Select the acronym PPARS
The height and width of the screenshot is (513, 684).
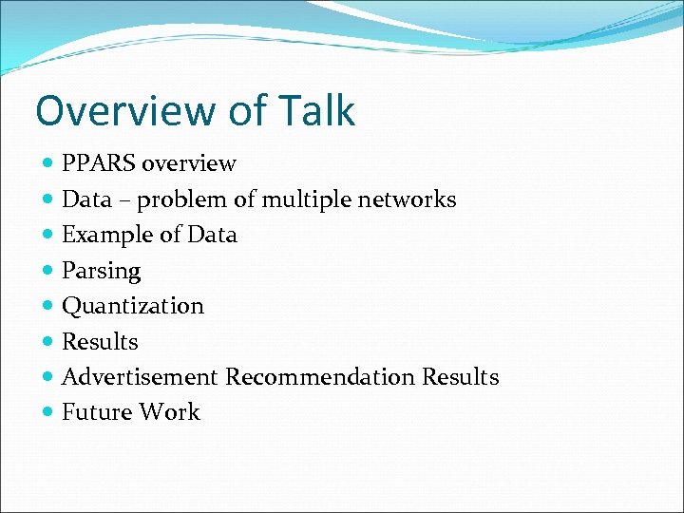pos(99,164)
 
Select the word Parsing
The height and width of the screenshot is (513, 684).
pos(101,272)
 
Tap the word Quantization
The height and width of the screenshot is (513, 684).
pos(133,306)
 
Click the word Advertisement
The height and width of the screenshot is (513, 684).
pos(140,377)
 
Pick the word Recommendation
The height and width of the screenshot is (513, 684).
pos(320,377)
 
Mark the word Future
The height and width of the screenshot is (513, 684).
pos(97,412)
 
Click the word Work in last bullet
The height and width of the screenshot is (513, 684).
pos(169,412)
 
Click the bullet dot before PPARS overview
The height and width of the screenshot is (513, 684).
pos(48,164)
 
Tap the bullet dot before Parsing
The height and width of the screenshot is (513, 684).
pos(48,271)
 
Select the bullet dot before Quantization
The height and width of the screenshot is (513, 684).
pos(48,306)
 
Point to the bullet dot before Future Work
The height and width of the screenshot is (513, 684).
pos(48,412)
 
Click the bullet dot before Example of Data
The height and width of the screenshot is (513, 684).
pos(48,235)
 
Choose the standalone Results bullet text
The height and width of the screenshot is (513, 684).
pos(100,342)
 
